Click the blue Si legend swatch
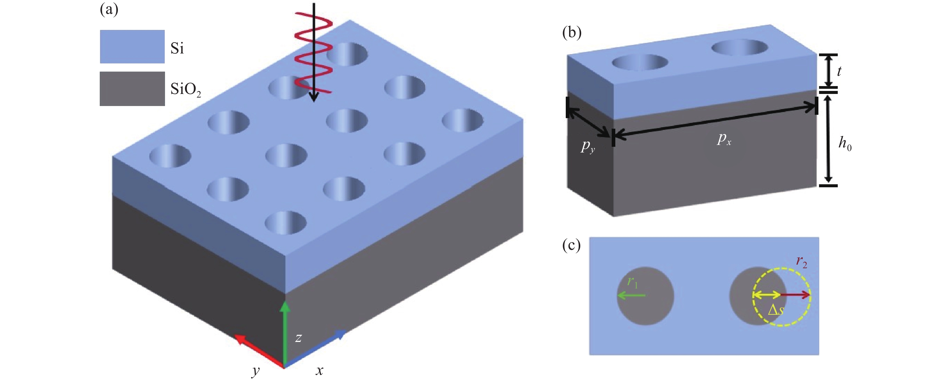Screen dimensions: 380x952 tap(132, 47)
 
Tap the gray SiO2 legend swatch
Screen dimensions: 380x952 tap(132, 89)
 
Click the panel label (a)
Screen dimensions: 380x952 tap(109, 10)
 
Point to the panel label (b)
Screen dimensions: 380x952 tap(571, 33)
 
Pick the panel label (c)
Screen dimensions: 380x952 tap(571, 245)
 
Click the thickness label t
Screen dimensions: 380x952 tap(839, 71)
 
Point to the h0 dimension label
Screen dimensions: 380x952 tap(845, 143)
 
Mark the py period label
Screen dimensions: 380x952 tap(588, 146)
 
